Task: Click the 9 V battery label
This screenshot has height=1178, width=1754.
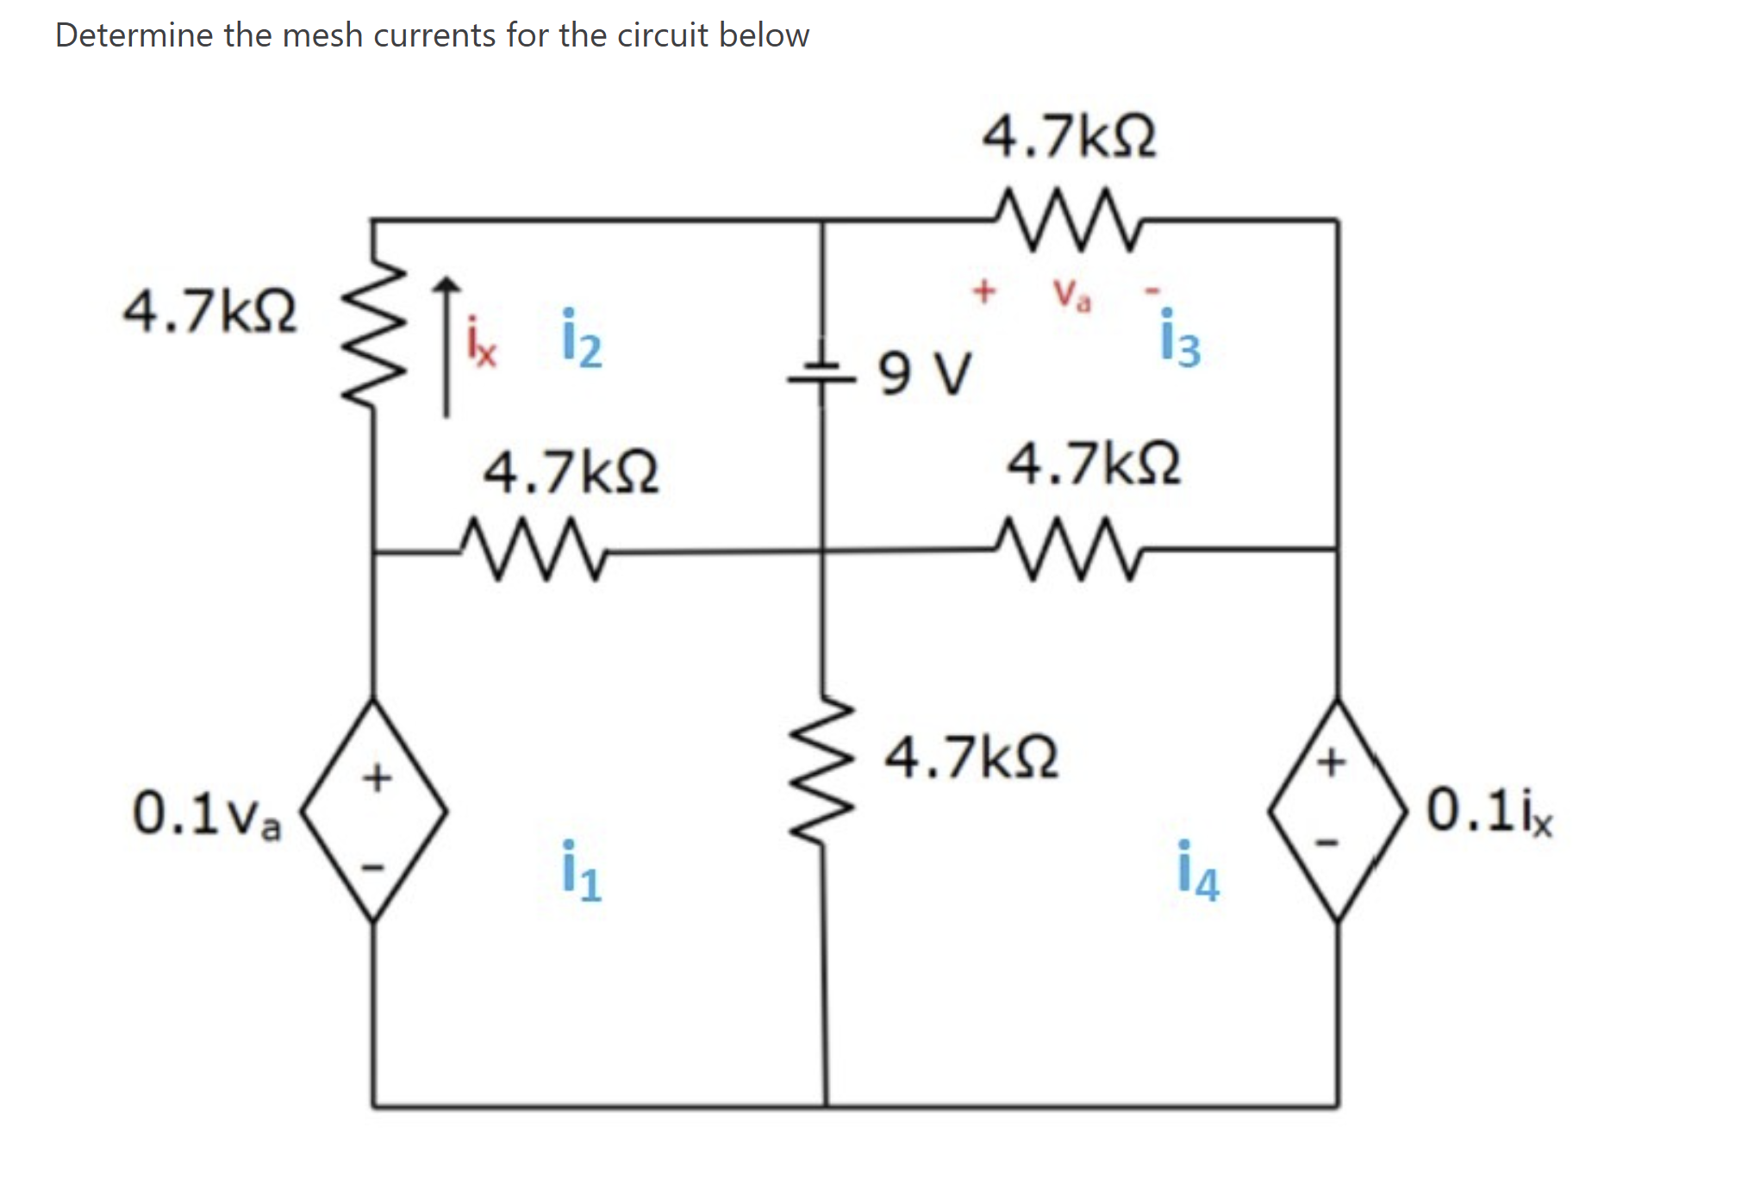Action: (925, 373)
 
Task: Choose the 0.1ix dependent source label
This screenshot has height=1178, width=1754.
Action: (1489, 811)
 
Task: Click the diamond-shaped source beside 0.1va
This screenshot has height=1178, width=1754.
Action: (373, 810)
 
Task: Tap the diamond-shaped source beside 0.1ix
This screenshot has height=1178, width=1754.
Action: (1337, 810)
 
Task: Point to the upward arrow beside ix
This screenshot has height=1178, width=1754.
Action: (446, 345)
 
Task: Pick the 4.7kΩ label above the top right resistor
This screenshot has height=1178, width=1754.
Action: (1069, 136)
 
